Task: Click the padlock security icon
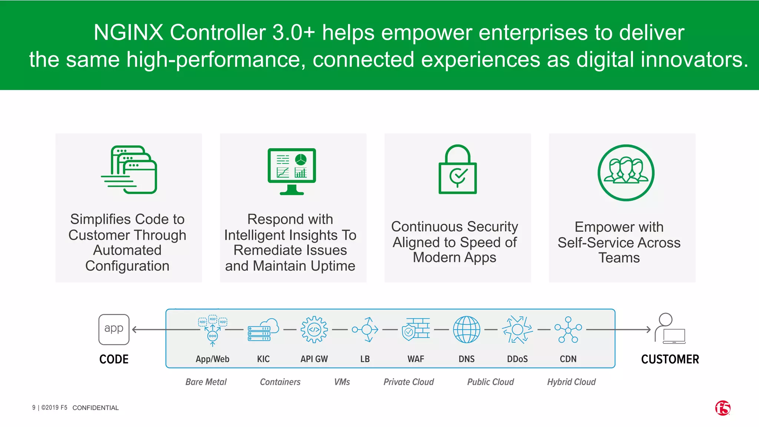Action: [458, 170]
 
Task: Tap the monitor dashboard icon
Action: [292, 171]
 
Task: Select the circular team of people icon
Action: [626, 173]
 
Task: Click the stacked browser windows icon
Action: [130, 170]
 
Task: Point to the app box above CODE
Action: [114, 329]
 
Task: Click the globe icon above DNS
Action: [467, 330]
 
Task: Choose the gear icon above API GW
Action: [314, 330]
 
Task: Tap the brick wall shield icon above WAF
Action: [416, 330]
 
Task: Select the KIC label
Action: [264, 359]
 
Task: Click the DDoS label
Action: [517, 359]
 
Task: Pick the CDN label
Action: [568, 359]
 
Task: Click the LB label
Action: [365, 359]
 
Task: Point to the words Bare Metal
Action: [206, 382]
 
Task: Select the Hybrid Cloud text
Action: [571, 382]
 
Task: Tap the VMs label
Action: [342, 382]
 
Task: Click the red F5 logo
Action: [723, 408]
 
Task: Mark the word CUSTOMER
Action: [670, 359]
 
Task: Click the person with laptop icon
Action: [670, 328]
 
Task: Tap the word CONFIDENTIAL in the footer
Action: [96, 408]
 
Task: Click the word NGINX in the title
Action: [128, 32]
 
